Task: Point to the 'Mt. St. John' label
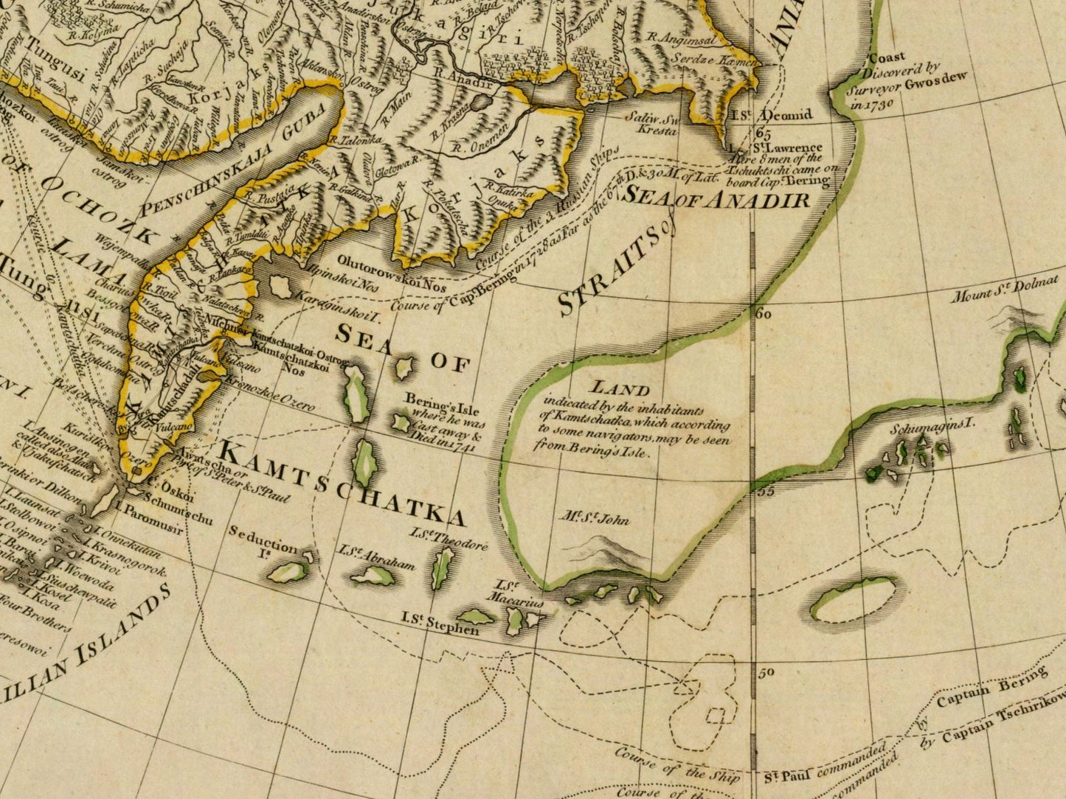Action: pyautogui.click(x=594, y=519)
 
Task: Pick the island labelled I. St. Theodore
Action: pyautogui.click(x=443, y=568)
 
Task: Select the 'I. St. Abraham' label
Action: pyautogui.click(x=376, y=557)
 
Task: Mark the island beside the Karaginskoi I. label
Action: pyautogui.click(x=280, y=287)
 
